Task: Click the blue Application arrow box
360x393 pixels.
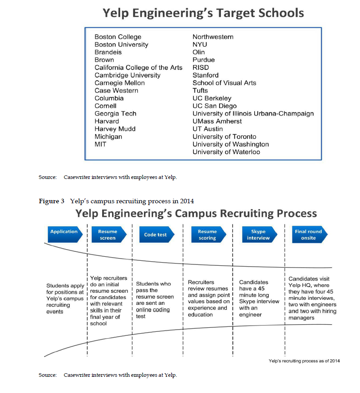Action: tap(65, 234)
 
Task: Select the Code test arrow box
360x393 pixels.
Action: tap(157, 234)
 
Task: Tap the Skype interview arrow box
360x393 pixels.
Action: tap(260, 234)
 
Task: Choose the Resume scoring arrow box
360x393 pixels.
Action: tap(209, 234)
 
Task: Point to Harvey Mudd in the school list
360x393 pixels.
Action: tap(115, 129)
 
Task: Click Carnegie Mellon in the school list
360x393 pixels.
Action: tap(119, 83)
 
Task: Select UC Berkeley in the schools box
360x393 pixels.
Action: tap(212, 98)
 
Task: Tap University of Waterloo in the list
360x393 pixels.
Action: tap(226, 152)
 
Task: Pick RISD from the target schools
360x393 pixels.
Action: tap(201, 67)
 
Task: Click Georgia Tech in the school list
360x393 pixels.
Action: tap(115, 114)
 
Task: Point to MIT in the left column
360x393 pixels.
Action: tap(100, 144)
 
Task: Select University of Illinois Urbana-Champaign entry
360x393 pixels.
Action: tap(253, 114)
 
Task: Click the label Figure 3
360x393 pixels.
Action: tap(51, 201)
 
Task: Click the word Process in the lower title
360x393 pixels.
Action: tap(297, 214)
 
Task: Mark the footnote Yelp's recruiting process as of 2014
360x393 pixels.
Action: tap(304, 361)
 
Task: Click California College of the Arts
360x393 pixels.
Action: tap(139, 67)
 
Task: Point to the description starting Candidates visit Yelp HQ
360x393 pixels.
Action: tap(312, 298)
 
